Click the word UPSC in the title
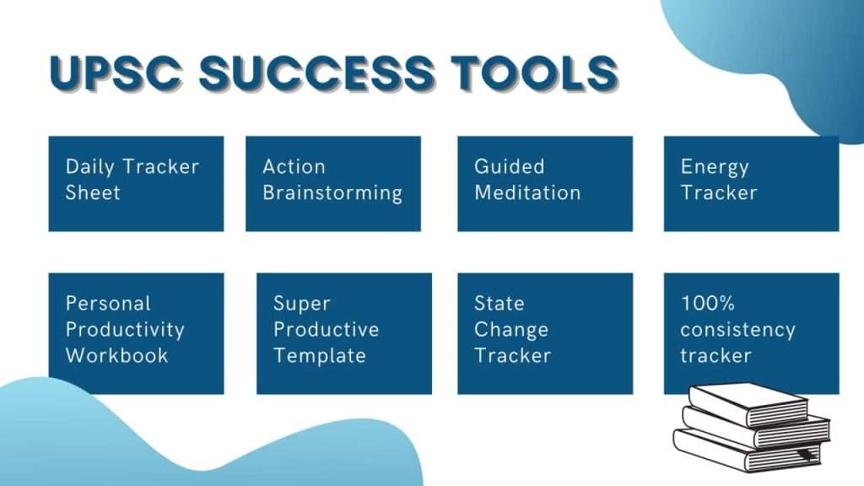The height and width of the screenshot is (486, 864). [x=116, y=73]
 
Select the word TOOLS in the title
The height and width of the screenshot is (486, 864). [x=534, y=73]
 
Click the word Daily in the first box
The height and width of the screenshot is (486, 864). [x=89, y=167]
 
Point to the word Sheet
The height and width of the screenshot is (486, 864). [x=93, y=192]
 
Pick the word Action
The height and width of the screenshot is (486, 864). [x=294, y=166]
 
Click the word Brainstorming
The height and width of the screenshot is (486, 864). [x=332, y=193]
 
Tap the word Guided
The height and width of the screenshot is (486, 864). [x=509, y=166]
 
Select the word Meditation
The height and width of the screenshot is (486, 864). [x=527, y=192]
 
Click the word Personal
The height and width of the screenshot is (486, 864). [x=108, y=303]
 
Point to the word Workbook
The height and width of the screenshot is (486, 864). [x=116, y=355]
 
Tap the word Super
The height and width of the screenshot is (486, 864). [x=302, y=304]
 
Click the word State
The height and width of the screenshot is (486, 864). [x=499, y=303]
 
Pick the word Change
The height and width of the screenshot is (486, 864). [x=511, y=330]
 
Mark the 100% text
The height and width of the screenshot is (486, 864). [x=708, y=303]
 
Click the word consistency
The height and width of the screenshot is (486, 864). [x=737, y=330]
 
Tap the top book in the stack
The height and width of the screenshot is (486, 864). [x=748, y=405]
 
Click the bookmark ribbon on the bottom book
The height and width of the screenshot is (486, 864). [x=806, y=455]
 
